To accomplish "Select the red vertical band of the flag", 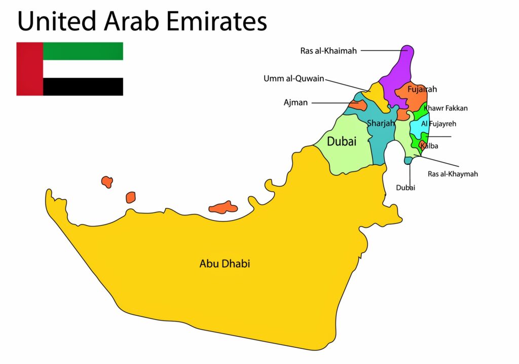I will pyautogui.click(x=29, y=69).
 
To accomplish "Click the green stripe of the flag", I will pyautogui.click(x=83, y=51).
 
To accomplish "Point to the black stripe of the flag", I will pyautogui.click(x=83, y=87).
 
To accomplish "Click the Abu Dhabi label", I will pyautogui.click(x=225, y=264).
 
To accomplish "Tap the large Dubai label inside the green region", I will pyautogui.click(x=341, y=141).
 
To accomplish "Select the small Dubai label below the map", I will pyautogui.click(x=405, y=188).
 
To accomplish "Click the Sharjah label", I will pyautogui.click(x=381, y=123).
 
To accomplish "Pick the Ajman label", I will pyautogui.click(x=295, y=102).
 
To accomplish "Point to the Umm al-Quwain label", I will pyautogui.click(x=293, y=79).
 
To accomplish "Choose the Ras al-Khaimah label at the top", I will pyautogui.click(x=328, y=51).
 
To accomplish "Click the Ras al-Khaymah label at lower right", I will pyautogui.click(x=453, y=174).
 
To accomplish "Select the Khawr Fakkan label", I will pyautogui.click(x=446, y=108).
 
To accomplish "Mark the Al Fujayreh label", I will pyautogui.click(x=439, y=123).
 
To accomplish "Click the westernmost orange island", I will pyautogui.click(x=106, y=181).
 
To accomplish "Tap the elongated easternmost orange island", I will pyautogui.click(x=223, y=207).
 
